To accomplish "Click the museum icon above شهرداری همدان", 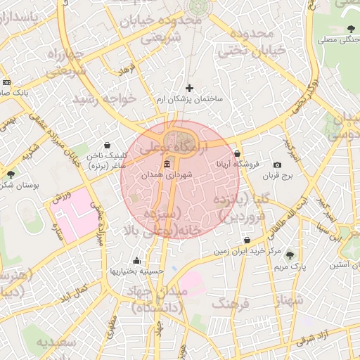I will (x=166, y=165).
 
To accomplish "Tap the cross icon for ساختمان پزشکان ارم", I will (x=189, y=88).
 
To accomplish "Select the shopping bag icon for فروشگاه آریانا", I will (x=237, y=153).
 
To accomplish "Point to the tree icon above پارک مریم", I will (x=290, y=255).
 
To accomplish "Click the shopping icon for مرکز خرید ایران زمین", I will (x=245, y=240).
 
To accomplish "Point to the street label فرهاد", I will (x=126, y=72).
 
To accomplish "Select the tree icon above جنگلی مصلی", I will (x=350, y=29).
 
